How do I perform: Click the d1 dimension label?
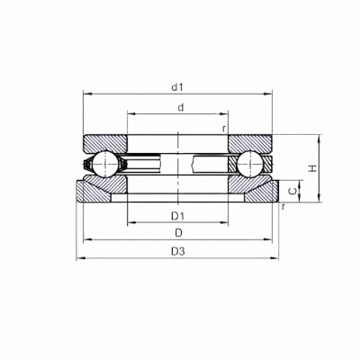[177, 87]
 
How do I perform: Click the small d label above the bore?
[180, 107]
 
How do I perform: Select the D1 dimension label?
[177, 215]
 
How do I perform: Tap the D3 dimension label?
[178, 251]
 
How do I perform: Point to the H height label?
[313, 168]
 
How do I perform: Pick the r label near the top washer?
[223, 129]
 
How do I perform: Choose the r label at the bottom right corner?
[283, 206]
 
